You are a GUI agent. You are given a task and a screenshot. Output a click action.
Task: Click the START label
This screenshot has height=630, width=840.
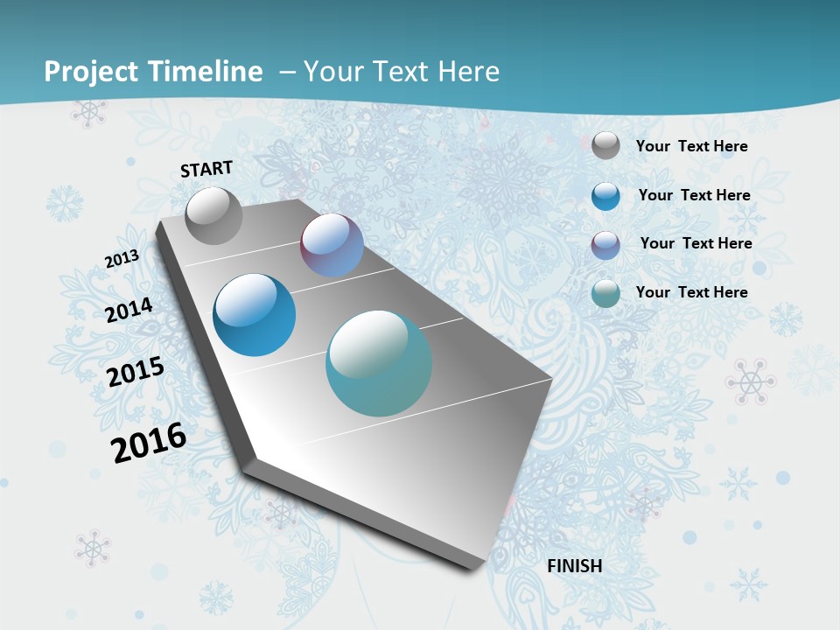pyautogui.click(x=206, y=169)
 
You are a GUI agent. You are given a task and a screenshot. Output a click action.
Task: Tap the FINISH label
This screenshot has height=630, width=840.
pyautogui.click(x=574, y=566)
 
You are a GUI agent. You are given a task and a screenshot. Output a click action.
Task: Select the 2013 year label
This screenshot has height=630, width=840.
pyautogui.click(x=122, y=259)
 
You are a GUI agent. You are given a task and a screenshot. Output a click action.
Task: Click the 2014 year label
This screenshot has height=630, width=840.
pyautogui.click(x=129, y=310)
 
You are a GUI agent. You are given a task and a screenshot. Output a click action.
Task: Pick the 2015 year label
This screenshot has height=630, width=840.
pyautogui.click(x=136, y=372)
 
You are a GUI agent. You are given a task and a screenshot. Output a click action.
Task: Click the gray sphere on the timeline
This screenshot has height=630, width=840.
pyautogui.click(x=213, y=215)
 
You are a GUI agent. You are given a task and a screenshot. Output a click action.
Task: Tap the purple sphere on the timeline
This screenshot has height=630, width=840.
pyautogui.click(x=332, y=245)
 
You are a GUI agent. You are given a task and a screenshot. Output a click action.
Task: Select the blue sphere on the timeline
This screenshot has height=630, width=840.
pyautogui.click(x=254, y=315)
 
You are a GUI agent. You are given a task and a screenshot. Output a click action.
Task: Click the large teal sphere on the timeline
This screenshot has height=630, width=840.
pyautogui.click(x=379, y=363)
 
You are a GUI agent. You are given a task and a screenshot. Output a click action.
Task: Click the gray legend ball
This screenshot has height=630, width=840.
pyautogui.click(x=605, y=145)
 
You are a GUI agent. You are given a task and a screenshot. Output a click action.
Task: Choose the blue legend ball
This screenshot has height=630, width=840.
pyautogui.click(x=605, y=196)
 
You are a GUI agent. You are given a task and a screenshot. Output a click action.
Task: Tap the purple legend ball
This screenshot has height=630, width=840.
pyautogui.click(x=605, y=245)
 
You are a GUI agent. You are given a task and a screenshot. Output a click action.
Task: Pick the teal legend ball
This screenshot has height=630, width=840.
pyautogui.click(x=605, y=293)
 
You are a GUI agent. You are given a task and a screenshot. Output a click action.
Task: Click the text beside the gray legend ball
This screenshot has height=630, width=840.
pyautogui.click(x=691, y=146)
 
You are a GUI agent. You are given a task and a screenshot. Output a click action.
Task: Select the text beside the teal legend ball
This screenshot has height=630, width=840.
pyautogui.click(x=691, y=292)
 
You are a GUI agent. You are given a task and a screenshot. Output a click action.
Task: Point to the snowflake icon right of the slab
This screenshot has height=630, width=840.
pyautogui.click(x=750, y=381)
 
